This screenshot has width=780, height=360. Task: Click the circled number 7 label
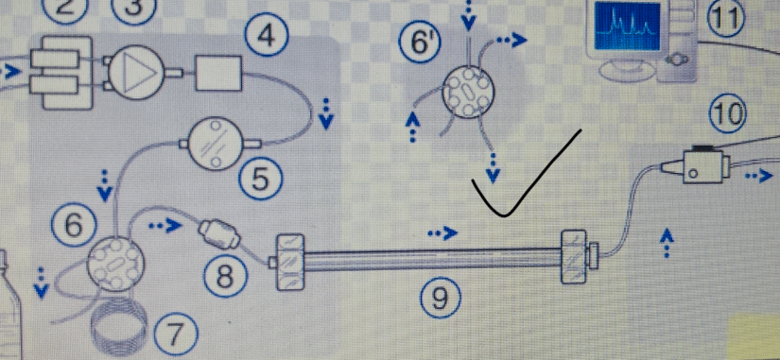(x=175, y=337)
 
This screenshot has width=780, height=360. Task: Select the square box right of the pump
(x=218, y=74)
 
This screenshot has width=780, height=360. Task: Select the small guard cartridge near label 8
(x=219, y=234)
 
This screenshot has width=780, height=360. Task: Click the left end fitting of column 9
(x=289, y=262)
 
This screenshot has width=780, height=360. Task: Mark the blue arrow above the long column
(x=442, y=232)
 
